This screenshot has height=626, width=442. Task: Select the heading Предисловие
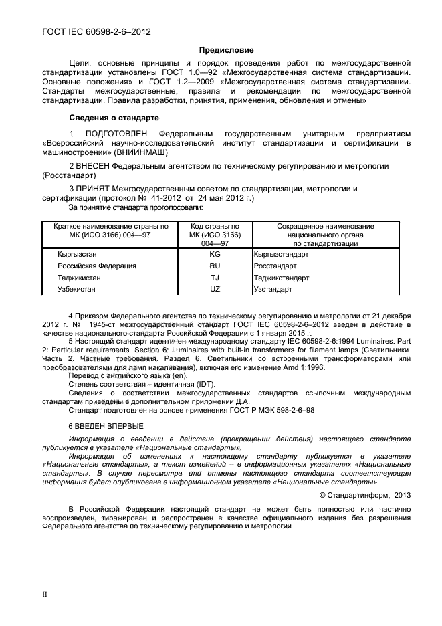(x=226, y=50)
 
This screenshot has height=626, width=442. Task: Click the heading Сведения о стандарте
(x=114, y=118)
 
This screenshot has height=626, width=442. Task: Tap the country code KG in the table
(x=215, y=255)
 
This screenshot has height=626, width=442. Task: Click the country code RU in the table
(x=215, y=266)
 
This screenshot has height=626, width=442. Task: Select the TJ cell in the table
(x=215, y=278)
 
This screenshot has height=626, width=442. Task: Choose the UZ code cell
(x=215, y=289)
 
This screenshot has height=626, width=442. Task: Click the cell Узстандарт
(x=273, y=289)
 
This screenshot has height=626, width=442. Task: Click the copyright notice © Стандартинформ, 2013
(x=365, y=495)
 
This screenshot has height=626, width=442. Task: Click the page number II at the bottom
(x=45, y=593)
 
